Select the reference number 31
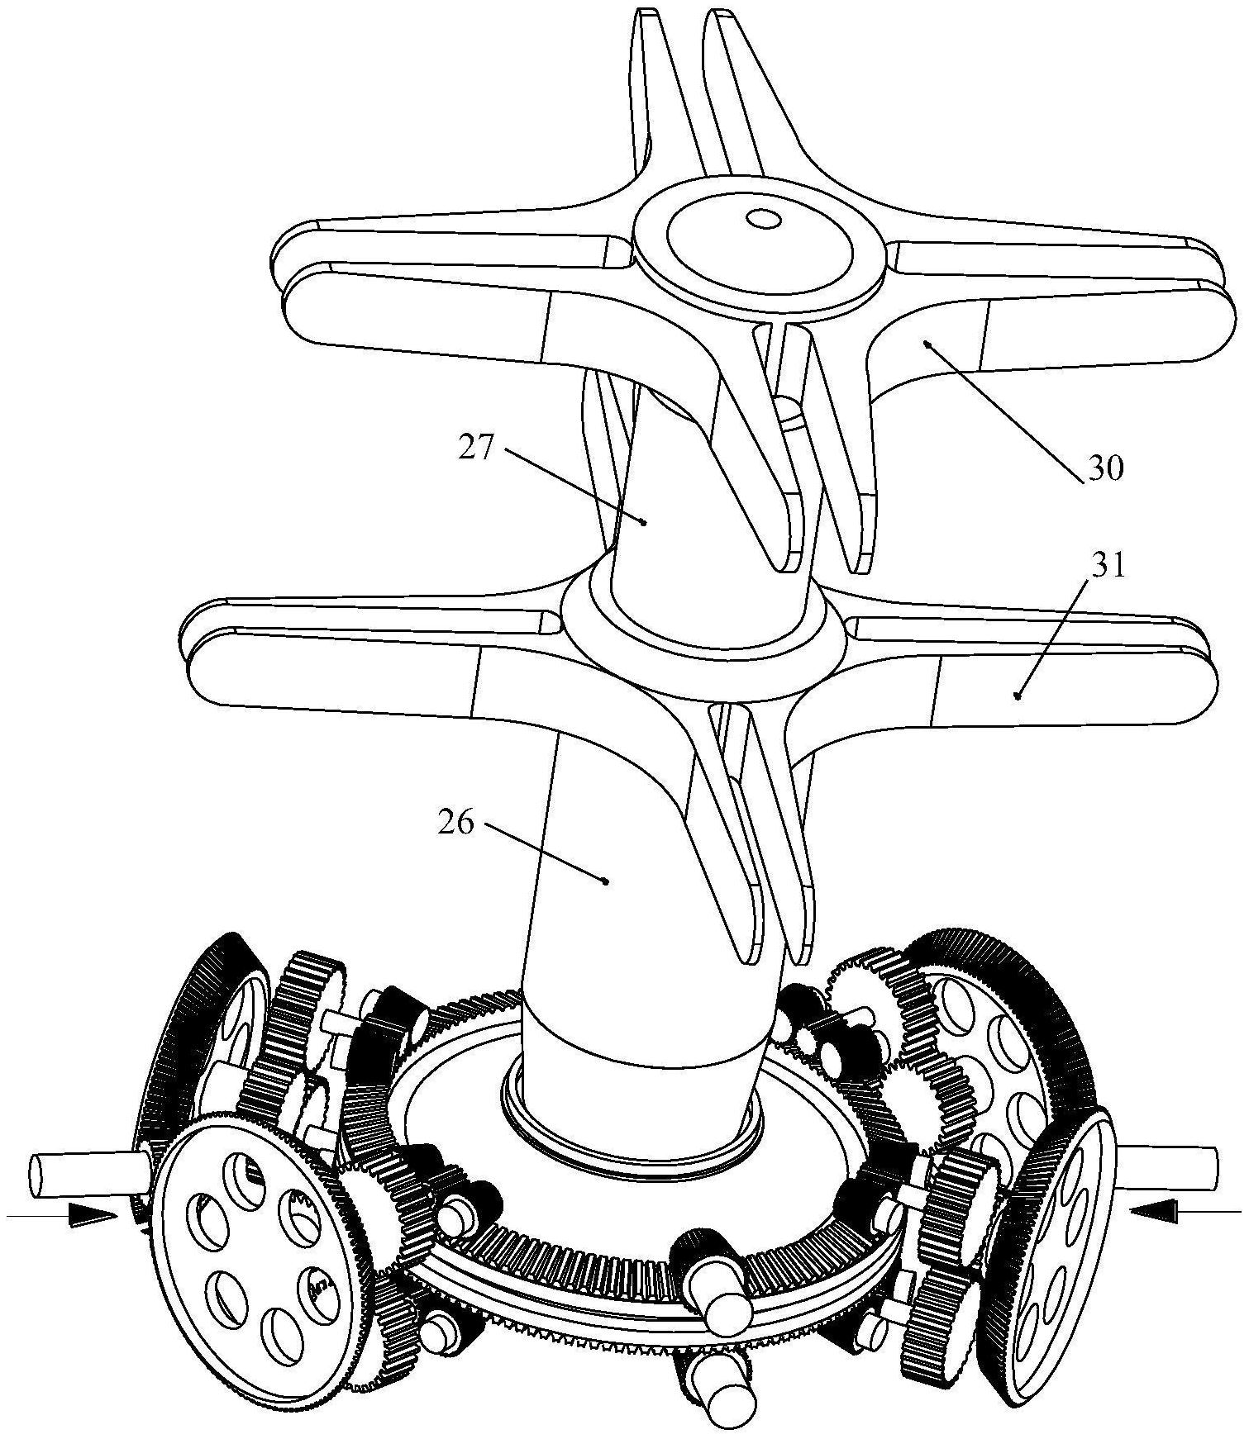[1108, 567]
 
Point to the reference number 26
[456, 823]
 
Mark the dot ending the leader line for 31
[1018, 696]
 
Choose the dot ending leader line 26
[608, 881]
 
